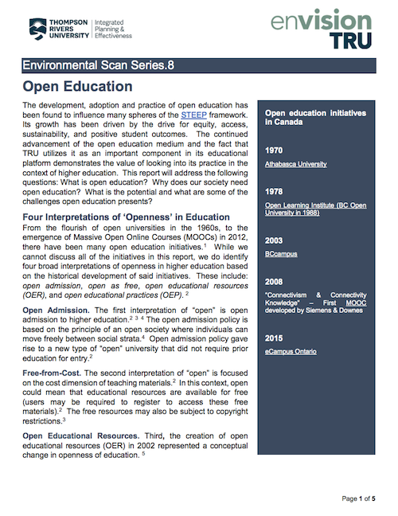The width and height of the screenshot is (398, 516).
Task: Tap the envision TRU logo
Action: (329, 29)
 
